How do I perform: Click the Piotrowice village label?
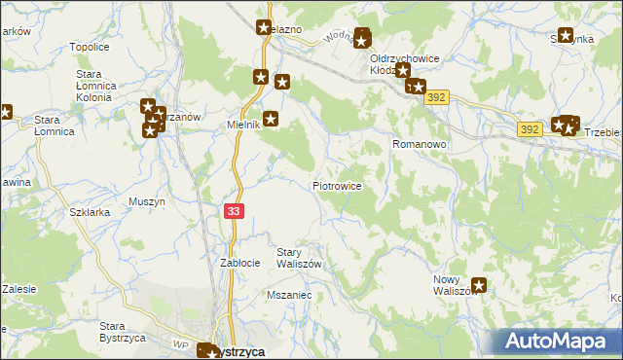coord(338,186)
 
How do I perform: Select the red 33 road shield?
coord(234,210)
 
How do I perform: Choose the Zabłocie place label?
coord(239,263)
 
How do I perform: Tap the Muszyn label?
coord(147,202)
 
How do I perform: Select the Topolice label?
coord(89,47)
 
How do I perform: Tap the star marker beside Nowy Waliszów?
coord(479,286)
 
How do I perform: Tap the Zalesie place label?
coord(18,288)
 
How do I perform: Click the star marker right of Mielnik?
coord(271,120)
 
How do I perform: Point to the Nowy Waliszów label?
coord(451,286)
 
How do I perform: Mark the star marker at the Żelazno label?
coord(264,29)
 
